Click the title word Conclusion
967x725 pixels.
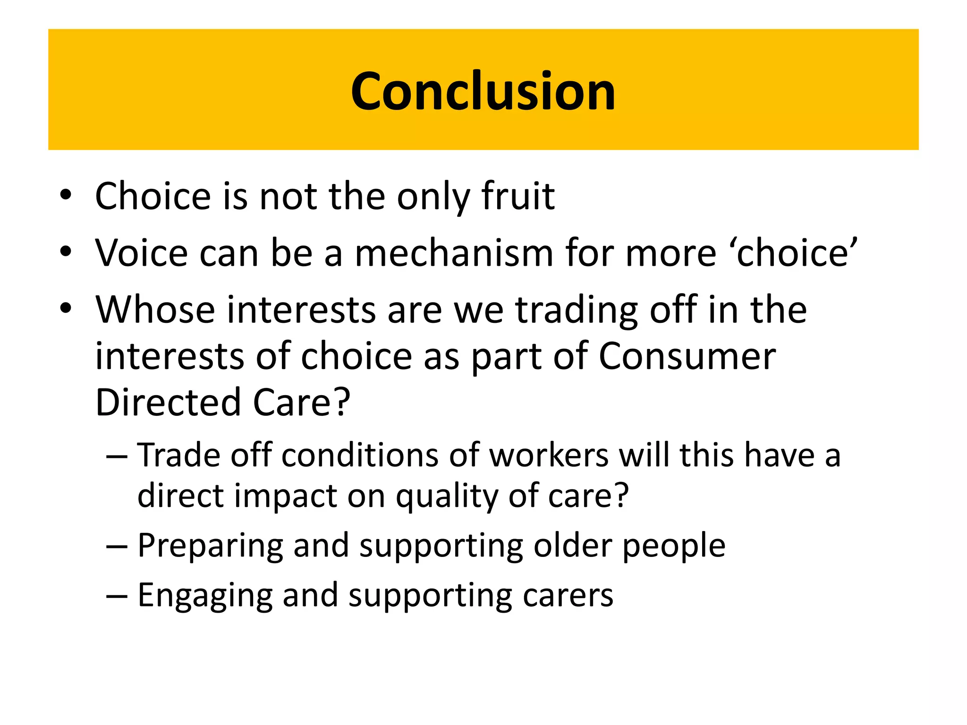coord(483,91)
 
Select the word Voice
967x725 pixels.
coord(142,253)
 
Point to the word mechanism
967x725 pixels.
coord(454,253)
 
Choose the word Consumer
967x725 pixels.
coord(687,356)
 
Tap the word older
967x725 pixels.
coord(572,546)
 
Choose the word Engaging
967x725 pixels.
coord(205,596)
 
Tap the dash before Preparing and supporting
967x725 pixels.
coord(117,546)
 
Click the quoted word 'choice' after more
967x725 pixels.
coord(796,253)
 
